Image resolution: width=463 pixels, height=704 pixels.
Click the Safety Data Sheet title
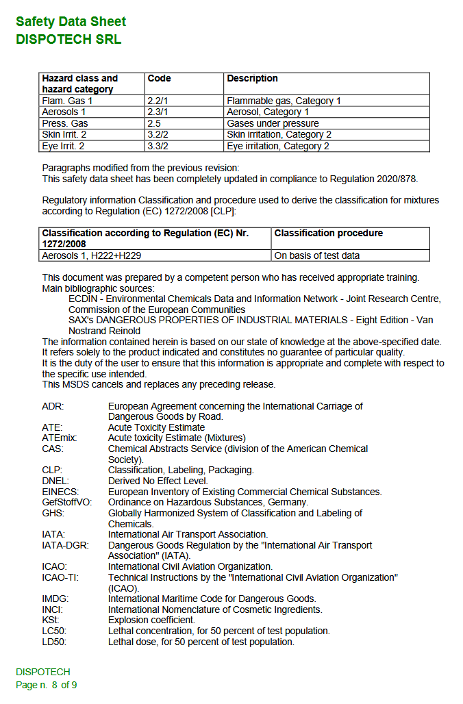(71, 21)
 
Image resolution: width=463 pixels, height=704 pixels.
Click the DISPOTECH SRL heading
(68, 39)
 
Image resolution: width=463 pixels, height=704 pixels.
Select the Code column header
(160, 79)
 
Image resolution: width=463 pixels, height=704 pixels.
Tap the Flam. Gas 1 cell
(67, 101)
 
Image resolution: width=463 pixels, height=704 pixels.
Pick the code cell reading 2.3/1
(158, 112)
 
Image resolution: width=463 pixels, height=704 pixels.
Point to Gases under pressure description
(273, 123)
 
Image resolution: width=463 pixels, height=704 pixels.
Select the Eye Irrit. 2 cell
(64, 146)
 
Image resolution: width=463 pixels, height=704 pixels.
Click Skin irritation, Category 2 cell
(279, 135)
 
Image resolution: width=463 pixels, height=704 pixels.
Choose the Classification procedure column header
(329, 234)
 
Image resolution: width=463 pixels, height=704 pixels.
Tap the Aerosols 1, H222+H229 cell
(92, 255)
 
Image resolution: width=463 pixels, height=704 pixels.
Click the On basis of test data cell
(317, 255)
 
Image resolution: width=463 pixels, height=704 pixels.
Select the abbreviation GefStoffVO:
(66, 502)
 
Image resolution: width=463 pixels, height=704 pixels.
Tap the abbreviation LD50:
(54, 642)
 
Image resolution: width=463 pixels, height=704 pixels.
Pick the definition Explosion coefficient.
(151, 620)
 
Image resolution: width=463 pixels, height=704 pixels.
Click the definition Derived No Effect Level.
(158, 481)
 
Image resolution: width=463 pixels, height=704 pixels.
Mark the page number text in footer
(47, 685)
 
